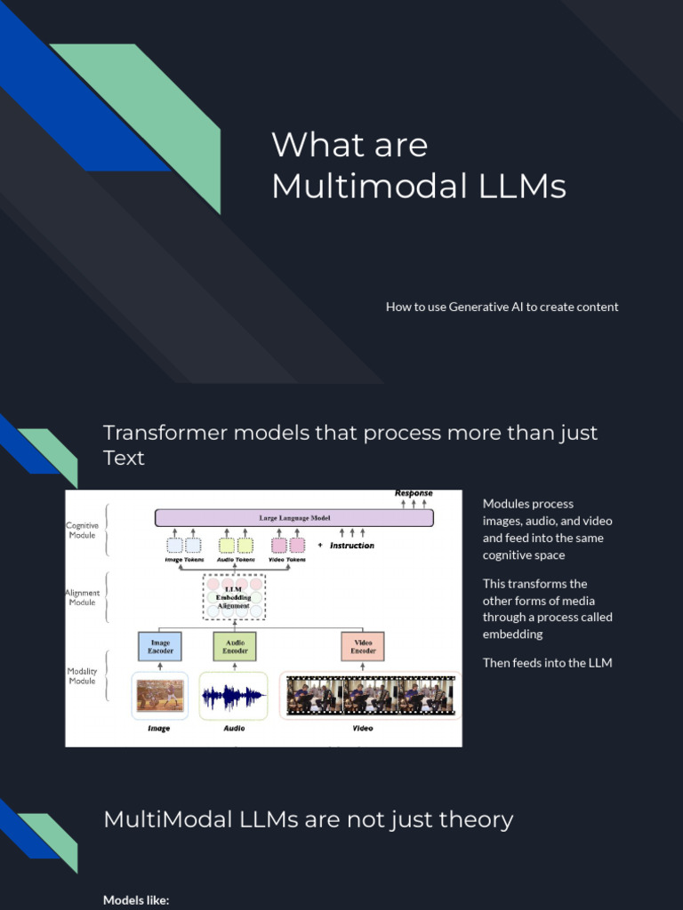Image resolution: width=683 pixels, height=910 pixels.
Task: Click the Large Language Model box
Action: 293,517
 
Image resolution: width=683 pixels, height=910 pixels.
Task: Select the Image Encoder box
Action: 160,646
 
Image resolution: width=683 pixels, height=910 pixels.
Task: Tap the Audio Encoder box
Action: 235,646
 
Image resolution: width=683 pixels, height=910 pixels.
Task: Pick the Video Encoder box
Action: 363,646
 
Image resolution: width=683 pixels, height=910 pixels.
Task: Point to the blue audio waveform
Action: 233,696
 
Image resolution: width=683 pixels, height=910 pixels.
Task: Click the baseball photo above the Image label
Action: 160,695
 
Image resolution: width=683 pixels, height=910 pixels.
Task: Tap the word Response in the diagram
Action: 414,493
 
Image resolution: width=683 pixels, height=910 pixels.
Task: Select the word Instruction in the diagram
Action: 352,546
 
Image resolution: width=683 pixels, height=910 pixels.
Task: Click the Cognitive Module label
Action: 82,531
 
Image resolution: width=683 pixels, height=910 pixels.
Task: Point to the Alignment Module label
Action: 82,597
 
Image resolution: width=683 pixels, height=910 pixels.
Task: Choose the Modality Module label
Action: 82,675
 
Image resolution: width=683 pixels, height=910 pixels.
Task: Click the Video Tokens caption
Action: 287,560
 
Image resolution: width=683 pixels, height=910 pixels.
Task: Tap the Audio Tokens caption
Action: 236,560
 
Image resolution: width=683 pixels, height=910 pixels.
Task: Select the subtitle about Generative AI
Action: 502,307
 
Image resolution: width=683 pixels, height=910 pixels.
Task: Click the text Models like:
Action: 136,900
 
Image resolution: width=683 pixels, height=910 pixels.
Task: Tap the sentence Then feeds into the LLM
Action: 547,663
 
